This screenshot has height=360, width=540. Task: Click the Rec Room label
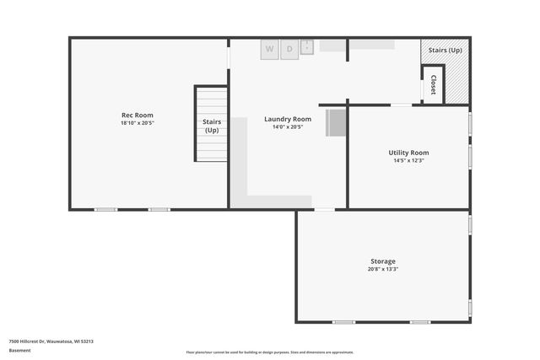coord(137,115)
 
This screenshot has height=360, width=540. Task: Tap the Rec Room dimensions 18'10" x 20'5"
coord(137,123)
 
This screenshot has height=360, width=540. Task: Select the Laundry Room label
coord(288,119)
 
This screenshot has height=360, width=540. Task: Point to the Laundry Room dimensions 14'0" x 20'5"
coord(288,127)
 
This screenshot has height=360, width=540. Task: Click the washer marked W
coord(269,49)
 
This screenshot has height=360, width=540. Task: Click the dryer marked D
coord(289,49)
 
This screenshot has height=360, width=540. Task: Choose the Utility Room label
coord(409,153)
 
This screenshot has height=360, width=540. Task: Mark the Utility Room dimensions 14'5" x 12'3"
coord(409,160)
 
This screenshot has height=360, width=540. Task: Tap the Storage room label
coord(382,261)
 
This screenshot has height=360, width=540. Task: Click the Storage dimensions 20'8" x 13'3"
coord(382,270)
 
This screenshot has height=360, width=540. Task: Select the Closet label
coord(433,85)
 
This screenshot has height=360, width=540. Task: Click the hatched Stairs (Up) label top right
coord(445,51)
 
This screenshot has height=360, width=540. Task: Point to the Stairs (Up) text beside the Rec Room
coord(211,126)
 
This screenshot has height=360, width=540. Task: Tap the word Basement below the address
coord(19,350)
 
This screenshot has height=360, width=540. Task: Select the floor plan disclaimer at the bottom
coord(270,352)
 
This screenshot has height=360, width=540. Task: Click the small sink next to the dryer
coord(307,47)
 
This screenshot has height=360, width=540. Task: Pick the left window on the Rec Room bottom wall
coord(105,209)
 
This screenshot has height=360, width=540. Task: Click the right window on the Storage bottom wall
coord(420,322)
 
